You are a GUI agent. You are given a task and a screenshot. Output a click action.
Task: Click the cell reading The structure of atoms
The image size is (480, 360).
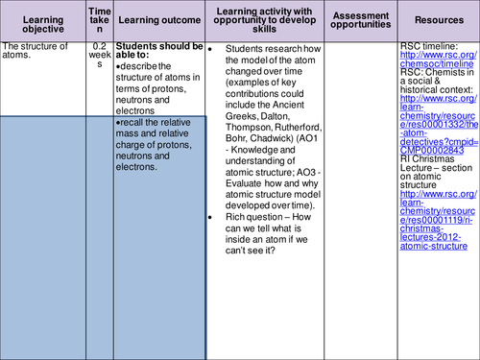point(36,51)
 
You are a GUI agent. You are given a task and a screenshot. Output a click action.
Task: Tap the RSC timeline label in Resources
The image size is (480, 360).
point(430,46)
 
